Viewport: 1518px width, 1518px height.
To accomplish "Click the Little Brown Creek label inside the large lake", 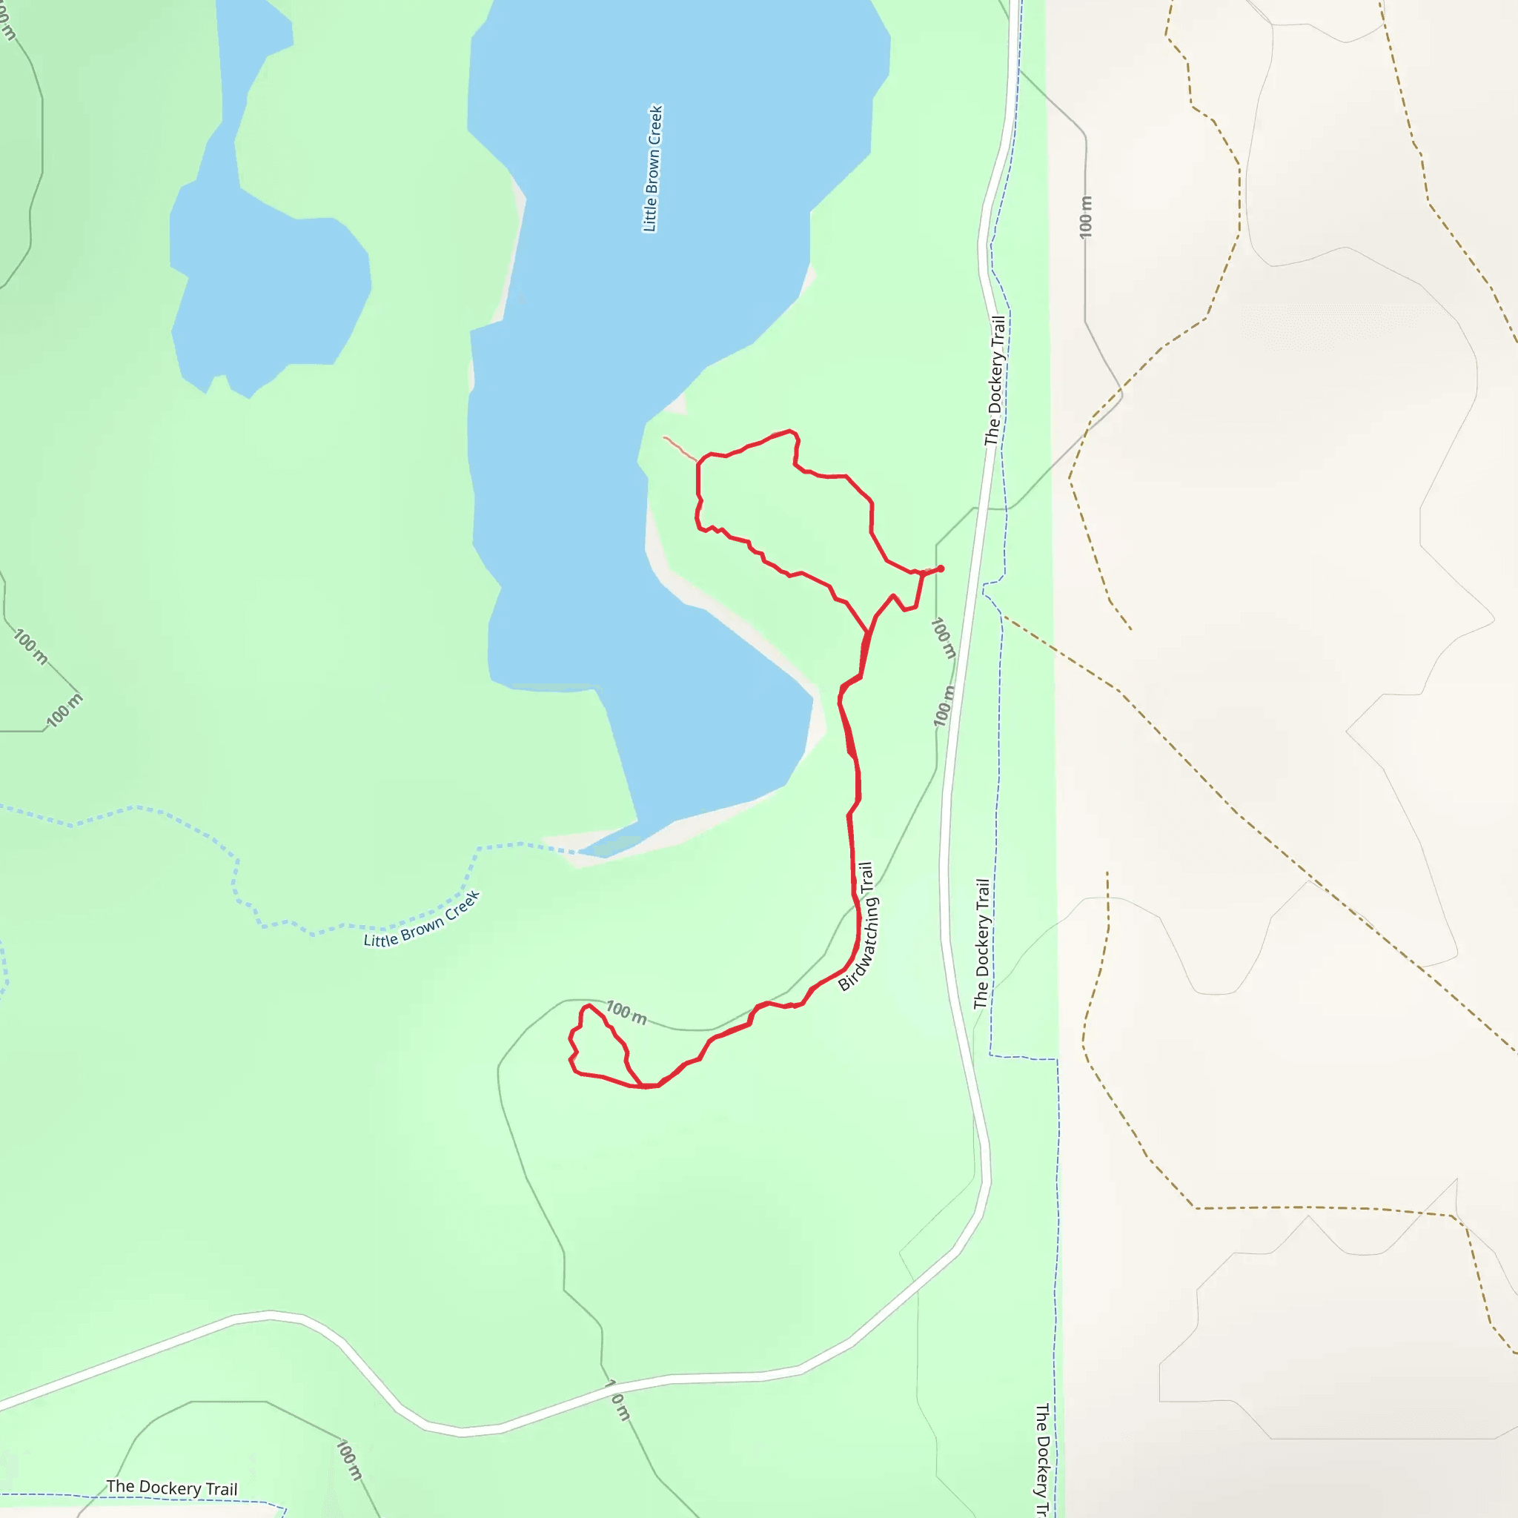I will point(653,168).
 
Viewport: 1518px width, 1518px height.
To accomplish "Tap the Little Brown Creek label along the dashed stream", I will point(422,920).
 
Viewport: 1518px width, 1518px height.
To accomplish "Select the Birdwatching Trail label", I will point(858,927).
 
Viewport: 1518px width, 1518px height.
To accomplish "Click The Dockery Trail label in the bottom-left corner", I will point(171,1488).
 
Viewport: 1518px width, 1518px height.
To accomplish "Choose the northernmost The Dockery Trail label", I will point(995,380).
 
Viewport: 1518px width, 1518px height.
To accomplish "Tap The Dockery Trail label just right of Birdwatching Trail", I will point(982,943).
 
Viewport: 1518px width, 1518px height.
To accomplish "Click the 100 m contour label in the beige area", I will point(1086,216).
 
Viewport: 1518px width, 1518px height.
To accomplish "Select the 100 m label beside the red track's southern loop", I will point(626,1012).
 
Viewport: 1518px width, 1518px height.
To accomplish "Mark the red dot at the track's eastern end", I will point(941,568).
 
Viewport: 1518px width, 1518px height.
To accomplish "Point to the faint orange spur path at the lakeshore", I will point(680,448).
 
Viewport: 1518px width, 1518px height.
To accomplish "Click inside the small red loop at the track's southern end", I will point(599,1049).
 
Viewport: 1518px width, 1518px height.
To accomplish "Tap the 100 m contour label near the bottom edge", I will point(349,1459).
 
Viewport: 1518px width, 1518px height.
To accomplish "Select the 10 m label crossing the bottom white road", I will point(618,1400).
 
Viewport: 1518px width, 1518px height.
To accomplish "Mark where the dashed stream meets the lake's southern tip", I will point(581,851).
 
